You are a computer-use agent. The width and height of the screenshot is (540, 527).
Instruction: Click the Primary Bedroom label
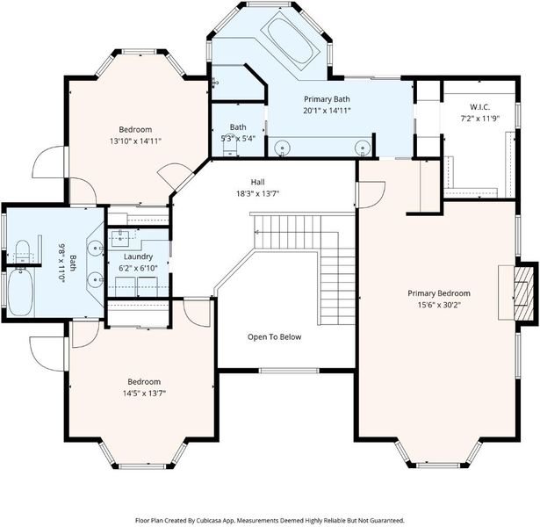click(439, 293)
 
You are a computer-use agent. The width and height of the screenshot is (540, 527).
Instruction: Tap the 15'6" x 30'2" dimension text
click(439, 305)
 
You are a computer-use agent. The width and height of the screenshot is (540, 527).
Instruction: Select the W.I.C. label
click(480, 107)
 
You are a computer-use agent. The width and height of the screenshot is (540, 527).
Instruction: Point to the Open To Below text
click(275, 337)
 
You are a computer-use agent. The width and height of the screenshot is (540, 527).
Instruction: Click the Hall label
click(257, 182)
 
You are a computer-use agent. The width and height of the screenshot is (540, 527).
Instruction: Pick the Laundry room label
click(138, 256)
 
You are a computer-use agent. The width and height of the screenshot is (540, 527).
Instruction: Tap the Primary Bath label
click(327, 99)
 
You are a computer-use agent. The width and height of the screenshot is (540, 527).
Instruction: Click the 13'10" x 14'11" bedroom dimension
click(135, 141)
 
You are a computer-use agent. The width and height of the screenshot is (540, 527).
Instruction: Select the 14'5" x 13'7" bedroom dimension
click(144, 393)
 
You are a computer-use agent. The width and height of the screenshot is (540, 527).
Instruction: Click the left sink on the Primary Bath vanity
click(282, 148)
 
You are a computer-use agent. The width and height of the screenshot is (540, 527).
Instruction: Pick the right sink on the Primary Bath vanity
click(363, 148)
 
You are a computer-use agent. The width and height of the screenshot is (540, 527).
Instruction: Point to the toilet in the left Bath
click(22, 252)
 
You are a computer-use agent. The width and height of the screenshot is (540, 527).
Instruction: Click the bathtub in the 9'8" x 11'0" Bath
click(21, 292)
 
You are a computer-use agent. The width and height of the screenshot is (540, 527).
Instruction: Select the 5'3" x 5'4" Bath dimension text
click(238, 139)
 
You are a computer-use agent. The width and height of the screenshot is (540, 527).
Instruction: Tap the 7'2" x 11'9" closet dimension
click(480, 119)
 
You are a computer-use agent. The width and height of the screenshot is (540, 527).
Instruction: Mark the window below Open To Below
click(289, 371)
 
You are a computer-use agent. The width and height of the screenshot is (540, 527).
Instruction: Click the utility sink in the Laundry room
click(119, 239)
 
